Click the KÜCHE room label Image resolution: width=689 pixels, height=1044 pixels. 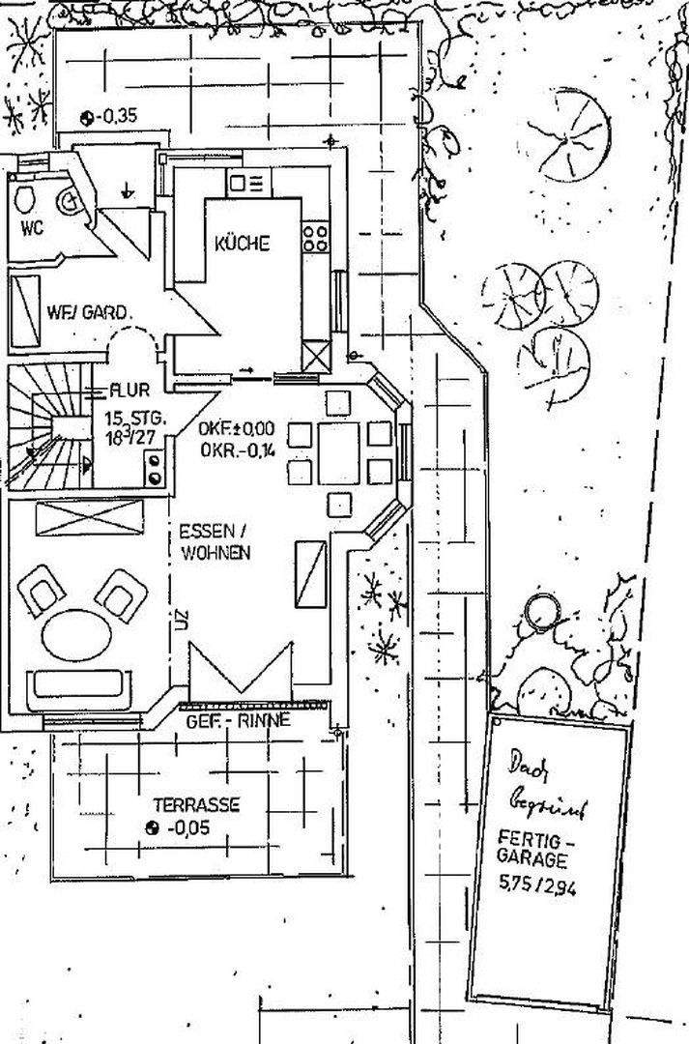pos(242,244)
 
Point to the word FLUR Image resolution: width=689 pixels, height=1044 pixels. pos(129,391)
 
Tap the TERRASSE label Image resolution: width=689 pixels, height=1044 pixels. pos(196,804)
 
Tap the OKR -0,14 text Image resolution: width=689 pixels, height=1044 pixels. pos(238,449)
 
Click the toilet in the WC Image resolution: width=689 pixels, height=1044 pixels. pos(26,200)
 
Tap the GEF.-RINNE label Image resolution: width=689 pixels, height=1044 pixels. pos(238,720)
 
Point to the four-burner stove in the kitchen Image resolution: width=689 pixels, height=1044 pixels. pos(314,237)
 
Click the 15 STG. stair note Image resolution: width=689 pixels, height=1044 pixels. pos(136,420)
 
